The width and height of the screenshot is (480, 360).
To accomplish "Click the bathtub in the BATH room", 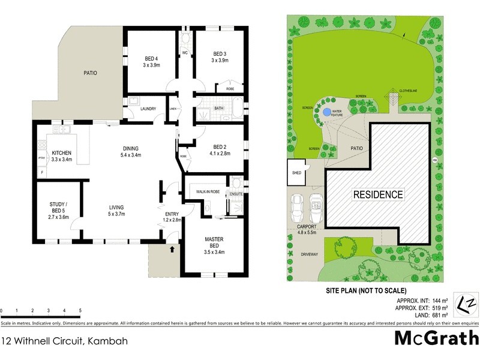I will (238, 109).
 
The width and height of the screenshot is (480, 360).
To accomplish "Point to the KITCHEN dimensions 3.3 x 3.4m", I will (61, 159).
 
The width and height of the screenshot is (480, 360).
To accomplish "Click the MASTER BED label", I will (214, 243).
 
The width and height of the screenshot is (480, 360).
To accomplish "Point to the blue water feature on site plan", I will (325, 111).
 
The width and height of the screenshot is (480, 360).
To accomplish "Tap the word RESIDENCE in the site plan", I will (378, 194).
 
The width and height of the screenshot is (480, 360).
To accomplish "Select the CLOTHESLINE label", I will (409, 91).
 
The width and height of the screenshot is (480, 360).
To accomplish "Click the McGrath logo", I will (436, 338).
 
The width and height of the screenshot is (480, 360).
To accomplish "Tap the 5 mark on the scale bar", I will (80, 311).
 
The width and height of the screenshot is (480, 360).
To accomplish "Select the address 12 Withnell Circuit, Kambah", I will (64, 340).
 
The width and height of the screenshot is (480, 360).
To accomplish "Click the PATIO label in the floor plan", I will (90, 73).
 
